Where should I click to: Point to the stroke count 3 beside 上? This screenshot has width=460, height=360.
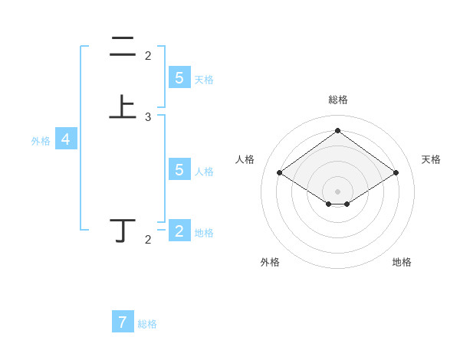coord(148,117)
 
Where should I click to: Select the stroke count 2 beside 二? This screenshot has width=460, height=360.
coord(148,56)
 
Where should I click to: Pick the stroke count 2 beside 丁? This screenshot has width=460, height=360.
coord(148,240)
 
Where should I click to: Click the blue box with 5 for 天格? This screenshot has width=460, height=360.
coord(179,77)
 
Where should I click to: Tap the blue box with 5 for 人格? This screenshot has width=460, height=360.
coord(179,169)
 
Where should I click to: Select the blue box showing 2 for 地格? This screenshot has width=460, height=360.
coord(179,231)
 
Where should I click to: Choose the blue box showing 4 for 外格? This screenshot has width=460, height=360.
coord(66,139)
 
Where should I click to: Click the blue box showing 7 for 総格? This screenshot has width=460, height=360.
coord(123,322)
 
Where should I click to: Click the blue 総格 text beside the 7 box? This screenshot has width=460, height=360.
coord(147,324)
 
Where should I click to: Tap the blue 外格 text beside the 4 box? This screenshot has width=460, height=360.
coord(41,141)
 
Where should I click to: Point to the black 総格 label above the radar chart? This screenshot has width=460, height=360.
coord(338,100)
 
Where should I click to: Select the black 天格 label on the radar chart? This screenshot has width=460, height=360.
coord(431,159)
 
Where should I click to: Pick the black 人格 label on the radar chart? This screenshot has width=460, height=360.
coord(245,159)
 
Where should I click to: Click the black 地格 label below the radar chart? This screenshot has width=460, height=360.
coord(402,262)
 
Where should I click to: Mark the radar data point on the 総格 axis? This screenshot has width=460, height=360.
coord(338,130)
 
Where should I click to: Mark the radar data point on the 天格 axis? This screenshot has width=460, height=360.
coord(396,173)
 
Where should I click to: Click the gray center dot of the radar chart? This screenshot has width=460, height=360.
coord(338,191)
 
